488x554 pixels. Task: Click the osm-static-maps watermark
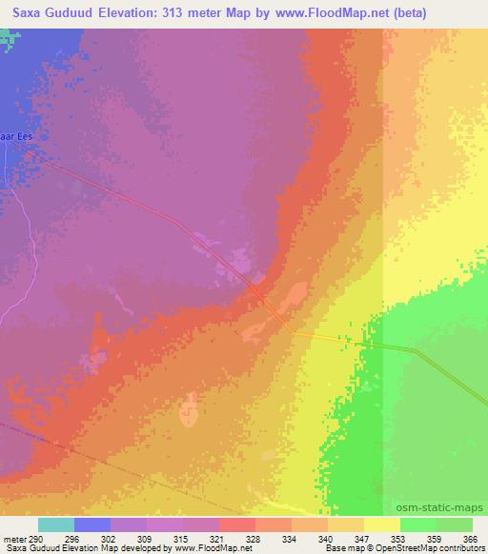pos(446,507)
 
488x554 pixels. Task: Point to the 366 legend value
pos(468,538)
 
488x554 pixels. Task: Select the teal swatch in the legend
pos(55,524)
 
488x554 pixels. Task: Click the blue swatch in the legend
pos(92,524)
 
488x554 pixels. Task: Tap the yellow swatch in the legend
pos(382,524)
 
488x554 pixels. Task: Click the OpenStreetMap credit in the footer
pos(394,549)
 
